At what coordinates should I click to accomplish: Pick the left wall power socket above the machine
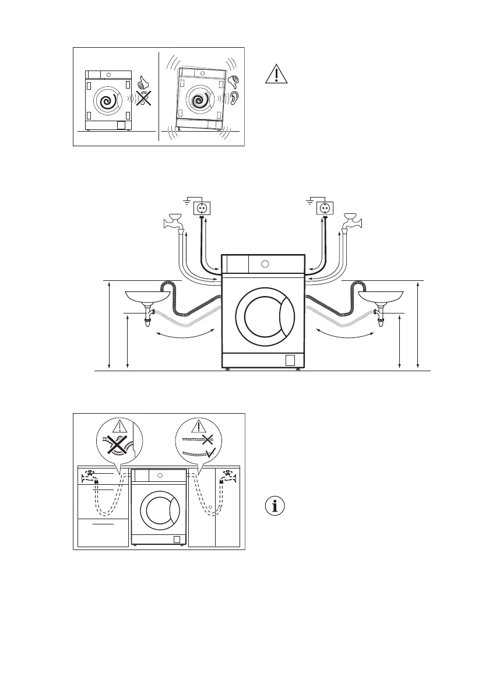[x=201, y=207]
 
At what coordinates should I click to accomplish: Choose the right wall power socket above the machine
[x=323, y=207]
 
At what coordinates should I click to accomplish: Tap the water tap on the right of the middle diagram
[x=354, y=222]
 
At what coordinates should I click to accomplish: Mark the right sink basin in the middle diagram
[x=379, y=297]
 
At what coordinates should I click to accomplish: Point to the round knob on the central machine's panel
[x=265, y=264]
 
